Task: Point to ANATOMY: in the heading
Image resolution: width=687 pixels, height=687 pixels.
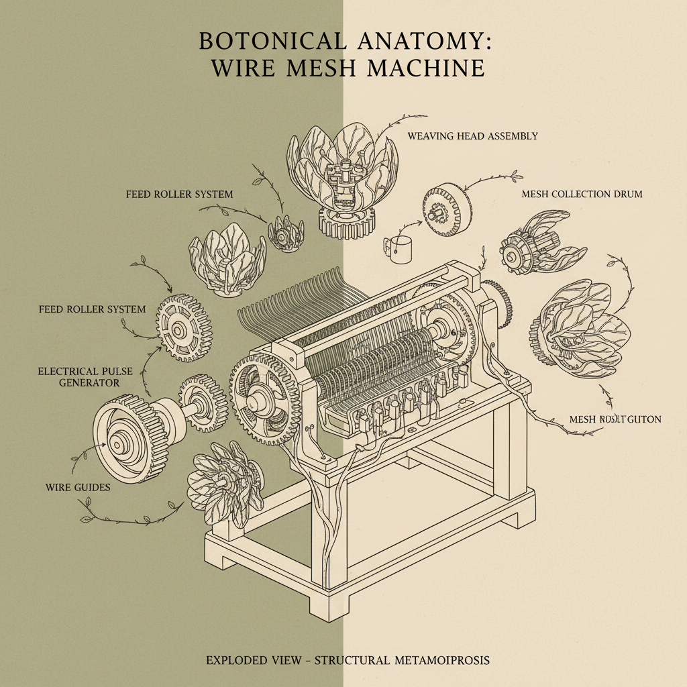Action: coord(423,41)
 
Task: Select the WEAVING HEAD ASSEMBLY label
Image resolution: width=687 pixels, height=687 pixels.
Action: coord(472,136)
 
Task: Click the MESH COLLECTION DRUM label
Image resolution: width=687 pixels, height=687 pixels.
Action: coord(582,195)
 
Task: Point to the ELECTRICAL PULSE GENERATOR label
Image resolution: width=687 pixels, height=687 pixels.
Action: coord(79,376)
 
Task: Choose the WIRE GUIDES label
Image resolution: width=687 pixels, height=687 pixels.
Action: coord(78,487)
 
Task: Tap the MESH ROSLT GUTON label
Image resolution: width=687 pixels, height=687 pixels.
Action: coord(615,419)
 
